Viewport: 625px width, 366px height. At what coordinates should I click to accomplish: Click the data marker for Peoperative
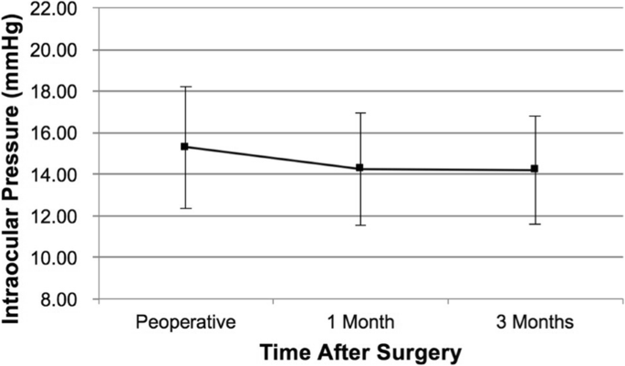[x=184, y=146]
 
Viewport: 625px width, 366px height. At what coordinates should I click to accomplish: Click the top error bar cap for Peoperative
[x=184, y=87]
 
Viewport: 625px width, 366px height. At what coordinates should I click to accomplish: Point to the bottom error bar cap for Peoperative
[x=184, y=208]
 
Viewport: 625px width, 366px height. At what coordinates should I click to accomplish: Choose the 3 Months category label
[x=535, y=321]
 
